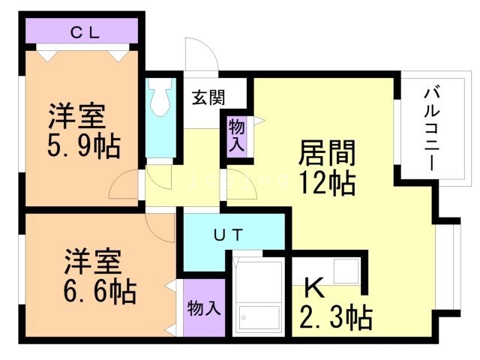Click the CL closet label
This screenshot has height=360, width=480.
(x=82, y=32)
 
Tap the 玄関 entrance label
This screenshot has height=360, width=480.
(x=206, y=97)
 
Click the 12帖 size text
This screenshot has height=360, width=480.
(x=326, y=182)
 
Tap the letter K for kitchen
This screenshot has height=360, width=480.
(x=313, y=289)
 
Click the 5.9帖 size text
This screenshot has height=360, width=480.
(x=84, y=147)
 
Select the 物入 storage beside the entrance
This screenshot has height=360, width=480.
(x=236, y=135)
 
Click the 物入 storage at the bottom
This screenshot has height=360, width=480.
(x=202, y=308)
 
